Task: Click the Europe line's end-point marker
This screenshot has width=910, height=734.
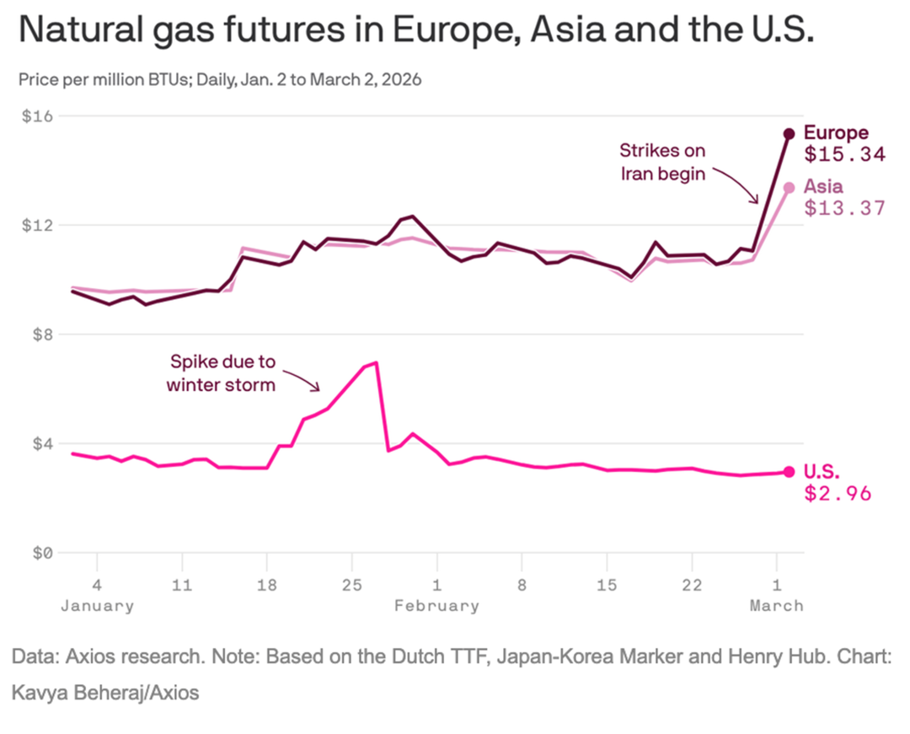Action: point(789,133)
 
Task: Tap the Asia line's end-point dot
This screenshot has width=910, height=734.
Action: point(789,187)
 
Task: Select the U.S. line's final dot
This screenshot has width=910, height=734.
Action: point(789,472)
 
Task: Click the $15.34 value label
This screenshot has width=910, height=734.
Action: point(844,155)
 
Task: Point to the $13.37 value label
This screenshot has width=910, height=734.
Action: point(844,208)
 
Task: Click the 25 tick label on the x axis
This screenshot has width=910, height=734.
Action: point(351,585)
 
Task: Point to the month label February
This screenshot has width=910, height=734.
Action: point(436,605)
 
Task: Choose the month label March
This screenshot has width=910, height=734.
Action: point(777,605)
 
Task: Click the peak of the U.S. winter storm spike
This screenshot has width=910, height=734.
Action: point(375,362)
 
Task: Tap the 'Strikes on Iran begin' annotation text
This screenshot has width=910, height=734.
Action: point(662,163)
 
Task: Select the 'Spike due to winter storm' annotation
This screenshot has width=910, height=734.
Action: point(221,373)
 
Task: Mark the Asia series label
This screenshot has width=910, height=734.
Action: point(823,186)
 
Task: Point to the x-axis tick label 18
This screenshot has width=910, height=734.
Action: point(266,585)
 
